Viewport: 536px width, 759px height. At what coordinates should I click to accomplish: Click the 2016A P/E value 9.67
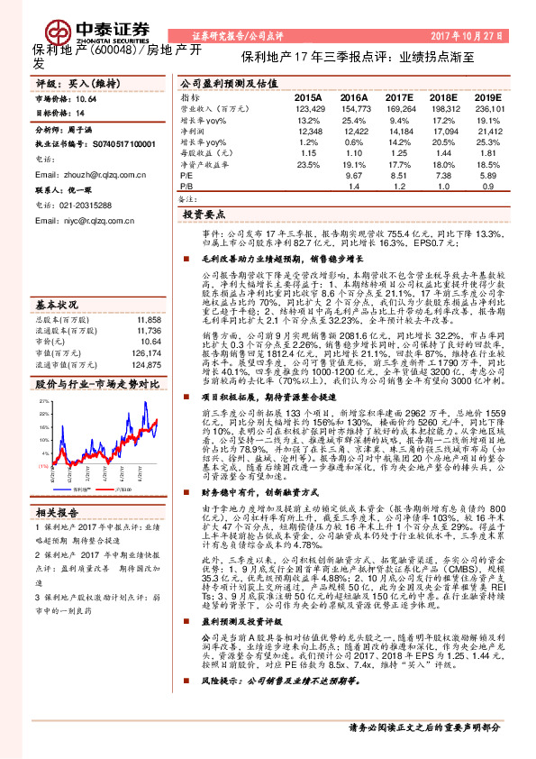[354, 178]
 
